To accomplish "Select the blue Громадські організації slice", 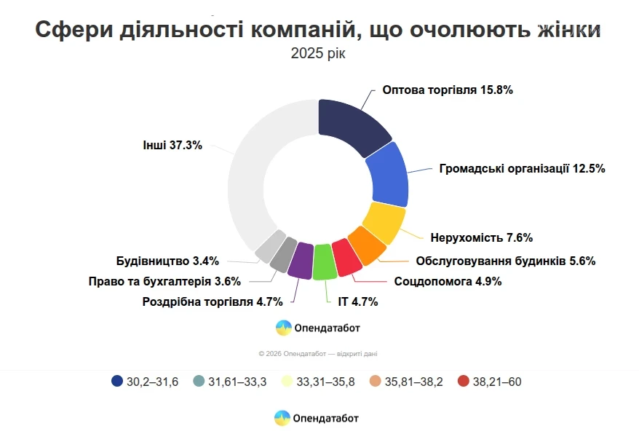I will [386, 175].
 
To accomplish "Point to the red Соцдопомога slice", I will [346, 257].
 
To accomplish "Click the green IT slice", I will [324, 263].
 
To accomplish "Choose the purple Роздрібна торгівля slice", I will [301, 260].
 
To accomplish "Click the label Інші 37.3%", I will [171, 144].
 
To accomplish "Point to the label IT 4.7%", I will [357, 301].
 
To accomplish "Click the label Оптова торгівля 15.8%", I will [448, 91].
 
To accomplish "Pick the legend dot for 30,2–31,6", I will [117, 381].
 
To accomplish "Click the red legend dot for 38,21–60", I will [463, 381].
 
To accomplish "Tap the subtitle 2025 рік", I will [318, 54].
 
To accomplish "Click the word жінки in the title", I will [560, 30].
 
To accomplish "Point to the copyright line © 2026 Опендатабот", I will [317, 354].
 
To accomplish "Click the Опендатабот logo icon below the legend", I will [282, 418].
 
